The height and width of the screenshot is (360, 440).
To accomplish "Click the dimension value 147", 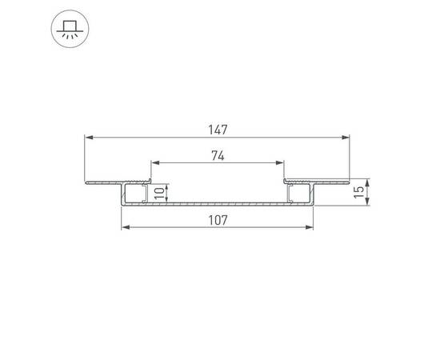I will [x=218, y=129].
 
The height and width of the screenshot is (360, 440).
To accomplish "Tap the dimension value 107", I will [x=218, y=220].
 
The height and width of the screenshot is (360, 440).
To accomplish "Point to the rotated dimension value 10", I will [x=158, y=192].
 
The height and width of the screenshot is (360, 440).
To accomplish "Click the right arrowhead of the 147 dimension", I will [x=348, y=138].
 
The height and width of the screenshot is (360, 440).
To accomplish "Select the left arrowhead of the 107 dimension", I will [x=125, y=229].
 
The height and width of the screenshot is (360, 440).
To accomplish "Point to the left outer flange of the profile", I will [x=104, y=182].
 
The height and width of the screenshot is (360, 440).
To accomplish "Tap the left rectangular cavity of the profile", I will [x=134, y=193].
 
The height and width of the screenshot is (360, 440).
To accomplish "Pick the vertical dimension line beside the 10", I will [x=166, y=192].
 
